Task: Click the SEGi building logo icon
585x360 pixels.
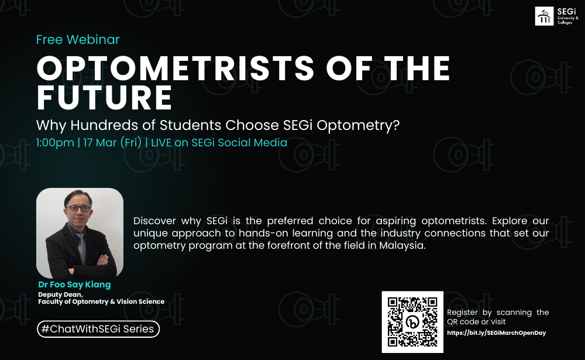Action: click(x=544, y=16)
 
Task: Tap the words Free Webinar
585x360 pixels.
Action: click(x=78, y=39)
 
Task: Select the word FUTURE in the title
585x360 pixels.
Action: click(x=105, y=98)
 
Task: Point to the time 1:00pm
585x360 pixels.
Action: click(x=55, y=143)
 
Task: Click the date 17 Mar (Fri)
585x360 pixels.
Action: click(x=112, y=143)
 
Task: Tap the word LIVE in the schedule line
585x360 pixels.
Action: click(x=162, y=143)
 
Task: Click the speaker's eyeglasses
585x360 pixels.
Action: click(x=78, y=208)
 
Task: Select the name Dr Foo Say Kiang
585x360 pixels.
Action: click(x=74, y=284)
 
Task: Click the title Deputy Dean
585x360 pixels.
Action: click(x=60, y=294)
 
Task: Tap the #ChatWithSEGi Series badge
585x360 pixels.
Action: click(x=98, y=329)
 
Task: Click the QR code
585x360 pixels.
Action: click(x=412, y=322)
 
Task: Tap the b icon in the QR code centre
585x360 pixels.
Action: click(x=412, y=323)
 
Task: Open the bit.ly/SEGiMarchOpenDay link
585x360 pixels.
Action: click(x=496, y=332)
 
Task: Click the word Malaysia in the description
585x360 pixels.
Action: click(x=402, y=245)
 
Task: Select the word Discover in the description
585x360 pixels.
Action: click(x=154, y=221)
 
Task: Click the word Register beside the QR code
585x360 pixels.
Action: click(x=462, y=313)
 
